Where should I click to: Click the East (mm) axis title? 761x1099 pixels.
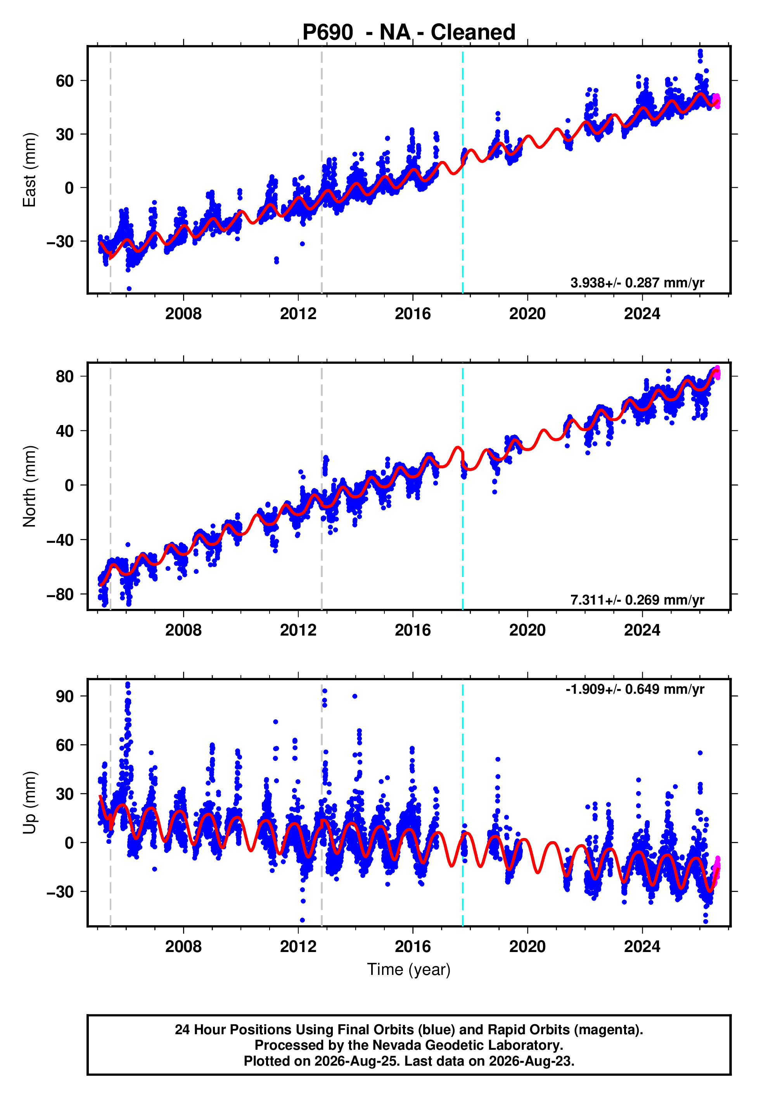pyautogui.click(x=29, y=170)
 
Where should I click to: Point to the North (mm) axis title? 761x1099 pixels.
pyautogui.click(x=29, y=486)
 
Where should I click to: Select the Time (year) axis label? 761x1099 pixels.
pyautogui.click(x=409, y=969)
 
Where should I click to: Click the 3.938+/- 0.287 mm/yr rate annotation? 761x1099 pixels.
pyautogui.click(x=638, y=283)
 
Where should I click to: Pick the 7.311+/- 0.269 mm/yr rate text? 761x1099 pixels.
pyautogui.click(x=638, y=600)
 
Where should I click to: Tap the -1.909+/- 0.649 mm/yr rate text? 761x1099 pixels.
pyautogui.click(x=635, y=689)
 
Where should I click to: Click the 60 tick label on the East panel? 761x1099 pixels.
pyautogui.click(x=65, y=81)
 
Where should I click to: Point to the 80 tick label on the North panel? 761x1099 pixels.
pyautogui.click(x=65, y=377)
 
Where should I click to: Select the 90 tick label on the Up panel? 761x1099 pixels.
pyautogui.click(x=65, y=696)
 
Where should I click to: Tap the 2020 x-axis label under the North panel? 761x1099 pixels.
pyautogui.click(x=528, y=630)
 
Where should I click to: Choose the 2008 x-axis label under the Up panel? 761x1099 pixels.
pyautogui.click(x=183, y=947)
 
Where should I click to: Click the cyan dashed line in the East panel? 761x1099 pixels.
pyautogui.click(x=462, y=170)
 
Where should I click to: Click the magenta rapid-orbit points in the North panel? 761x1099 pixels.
pyautogui.click(x=717, y=373)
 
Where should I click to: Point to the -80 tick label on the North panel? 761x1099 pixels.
pyautogui.click(x=60, y=594)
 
